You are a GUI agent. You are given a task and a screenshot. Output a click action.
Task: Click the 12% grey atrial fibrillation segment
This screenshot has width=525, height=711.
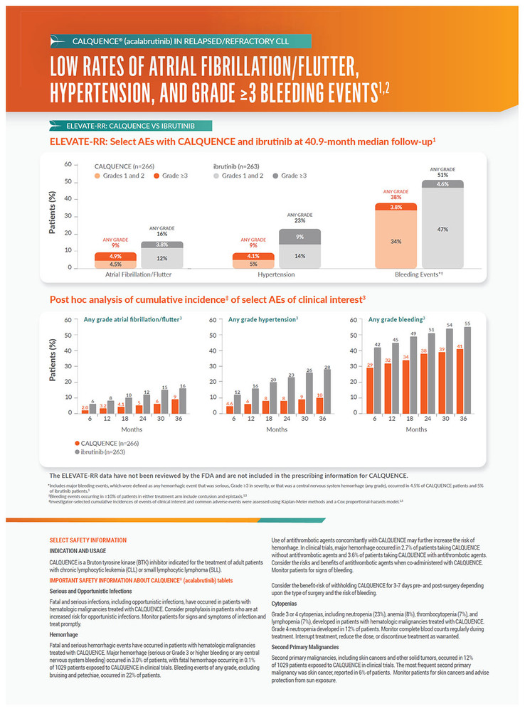tap(163, 258)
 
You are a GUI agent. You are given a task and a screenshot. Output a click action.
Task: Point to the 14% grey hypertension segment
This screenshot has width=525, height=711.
tap(300, 255)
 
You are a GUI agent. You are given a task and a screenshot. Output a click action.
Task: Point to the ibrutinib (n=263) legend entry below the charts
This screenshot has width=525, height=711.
tap(105, 451)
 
